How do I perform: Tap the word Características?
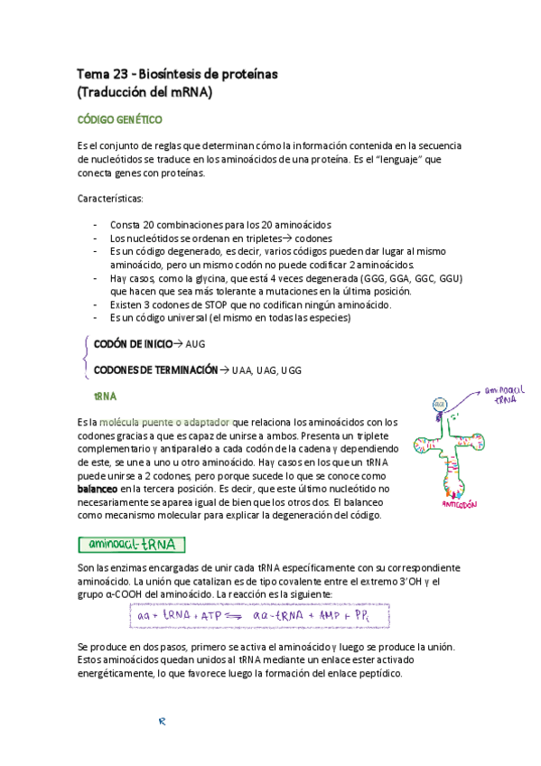point(116,198)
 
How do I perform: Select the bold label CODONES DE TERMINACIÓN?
point(156,370)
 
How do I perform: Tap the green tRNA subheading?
point(105,397)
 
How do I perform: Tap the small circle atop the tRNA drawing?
point(439,403)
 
